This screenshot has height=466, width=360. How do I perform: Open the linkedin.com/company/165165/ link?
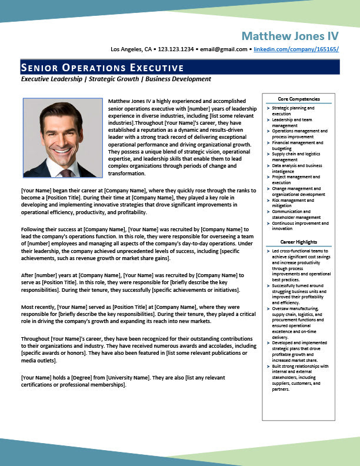coord(296,49)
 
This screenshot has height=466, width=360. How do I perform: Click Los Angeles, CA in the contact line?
coord(132,49)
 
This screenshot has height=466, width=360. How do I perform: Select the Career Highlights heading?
coord(299,242)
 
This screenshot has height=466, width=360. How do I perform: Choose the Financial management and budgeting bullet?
coord(297,145)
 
